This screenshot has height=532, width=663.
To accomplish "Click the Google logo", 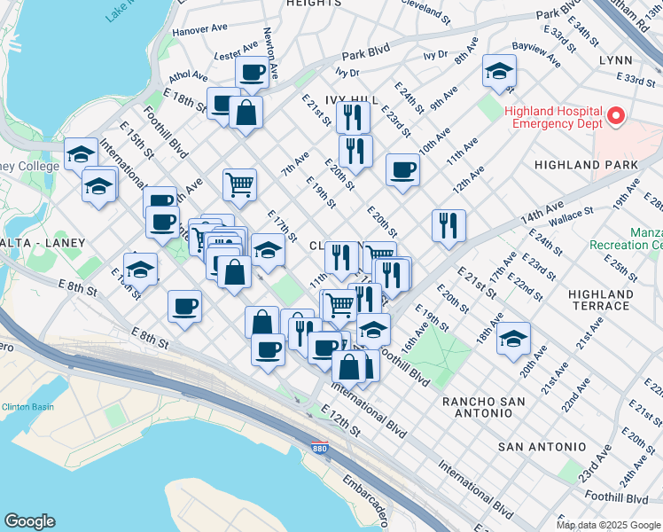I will click(x=30, y=521).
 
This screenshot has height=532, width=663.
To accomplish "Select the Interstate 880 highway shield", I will click(x=320, y=450).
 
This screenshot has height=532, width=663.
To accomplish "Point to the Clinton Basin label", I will click(x=28, y=407).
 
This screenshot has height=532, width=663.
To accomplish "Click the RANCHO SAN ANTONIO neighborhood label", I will click(x=483, y=402).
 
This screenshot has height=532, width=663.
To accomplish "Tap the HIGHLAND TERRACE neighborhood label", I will click(x=600, y=300).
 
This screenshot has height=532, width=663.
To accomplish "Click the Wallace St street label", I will click(x=570, y=214).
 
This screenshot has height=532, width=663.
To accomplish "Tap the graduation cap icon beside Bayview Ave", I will click(x=499, y=71).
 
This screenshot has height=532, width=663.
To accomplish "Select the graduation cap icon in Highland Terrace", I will click(x=513, y=338).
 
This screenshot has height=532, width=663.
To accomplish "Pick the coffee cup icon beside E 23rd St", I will click(x=402, y=169).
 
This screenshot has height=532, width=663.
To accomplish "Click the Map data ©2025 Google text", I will click(x=607, y=525).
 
